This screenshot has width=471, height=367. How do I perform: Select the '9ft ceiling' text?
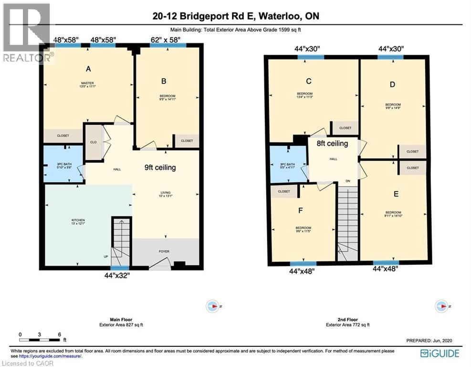click(160, 168)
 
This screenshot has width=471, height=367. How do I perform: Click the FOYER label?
click(164, 251)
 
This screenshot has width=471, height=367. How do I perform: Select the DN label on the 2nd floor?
click(348, 181)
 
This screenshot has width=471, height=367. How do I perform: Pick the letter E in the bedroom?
click(396, 194)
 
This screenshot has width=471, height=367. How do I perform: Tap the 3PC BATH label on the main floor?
click(64, 165)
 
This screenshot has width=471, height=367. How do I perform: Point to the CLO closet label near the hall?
click(93, 142)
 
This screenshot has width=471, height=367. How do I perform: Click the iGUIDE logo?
click(440, 354)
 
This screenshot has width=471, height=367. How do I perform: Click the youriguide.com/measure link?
click(50, 356)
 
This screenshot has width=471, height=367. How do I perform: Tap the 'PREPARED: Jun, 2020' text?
click(429, 340)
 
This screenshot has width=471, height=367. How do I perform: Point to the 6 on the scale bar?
click(59, 335)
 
